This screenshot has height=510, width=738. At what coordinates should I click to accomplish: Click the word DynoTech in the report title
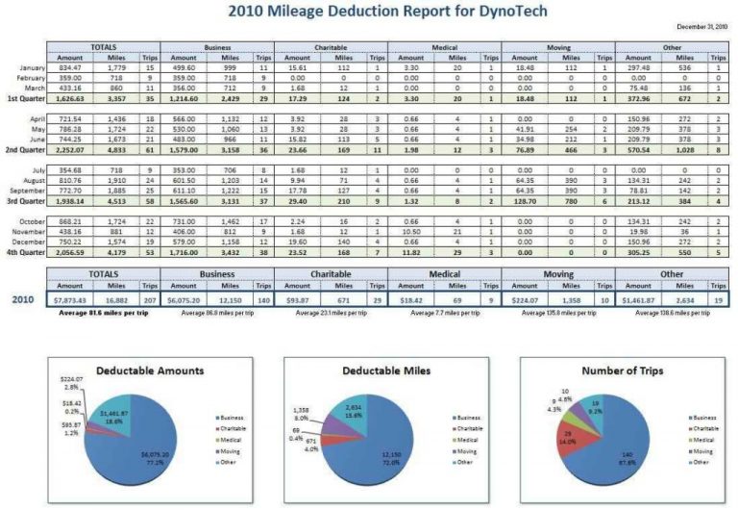pos(502,12)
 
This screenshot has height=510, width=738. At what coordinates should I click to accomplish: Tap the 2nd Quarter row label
pos(25,149)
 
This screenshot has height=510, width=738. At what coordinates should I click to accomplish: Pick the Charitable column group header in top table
pos(330,46)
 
